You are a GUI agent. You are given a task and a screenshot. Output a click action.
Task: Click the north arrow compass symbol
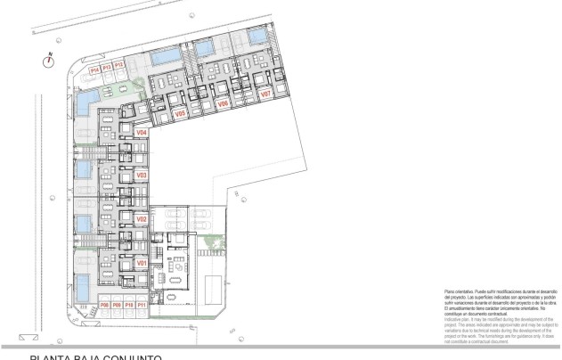click(x=50, y=61)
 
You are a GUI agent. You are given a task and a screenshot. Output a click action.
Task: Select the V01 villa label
click(x=141, y=264)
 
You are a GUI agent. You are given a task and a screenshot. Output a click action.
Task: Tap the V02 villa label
click(x=141, y=218)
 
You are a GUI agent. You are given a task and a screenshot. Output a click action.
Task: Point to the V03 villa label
click(x=141, y=176)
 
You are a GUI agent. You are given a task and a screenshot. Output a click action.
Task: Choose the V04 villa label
click(x=141, y=133)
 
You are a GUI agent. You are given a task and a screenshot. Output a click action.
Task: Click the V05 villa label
click(x=179, y=114)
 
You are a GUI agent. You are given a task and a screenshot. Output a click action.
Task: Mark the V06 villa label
click(x=224, y=103)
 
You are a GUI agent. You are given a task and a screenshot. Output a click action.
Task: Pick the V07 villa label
click(x=265, y=93)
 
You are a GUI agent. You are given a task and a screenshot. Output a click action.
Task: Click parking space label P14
click(x=94, y=67)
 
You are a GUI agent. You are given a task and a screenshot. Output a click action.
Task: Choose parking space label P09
click(x=117, y=305)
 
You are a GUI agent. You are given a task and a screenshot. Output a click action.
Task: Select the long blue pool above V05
click(x=165, y=58)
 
